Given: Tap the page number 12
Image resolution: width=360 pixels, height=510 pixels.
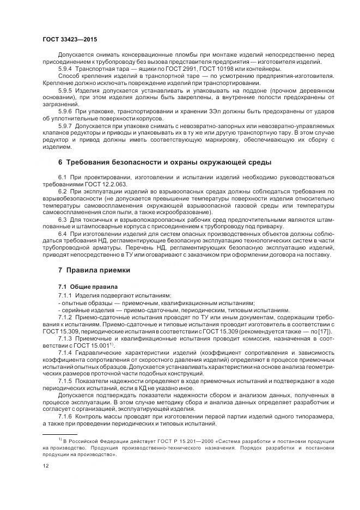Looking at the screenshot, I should point(46,465).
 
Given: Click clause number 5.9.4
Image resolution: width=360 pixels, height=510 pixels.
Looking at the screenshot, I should point(65,69).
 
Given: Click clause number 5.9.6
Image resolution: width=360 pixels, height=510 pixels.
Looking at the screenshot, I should point(65,111).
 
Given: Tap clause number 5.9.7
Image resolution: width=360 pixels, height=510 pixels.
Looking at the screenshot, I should point(65,125).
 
